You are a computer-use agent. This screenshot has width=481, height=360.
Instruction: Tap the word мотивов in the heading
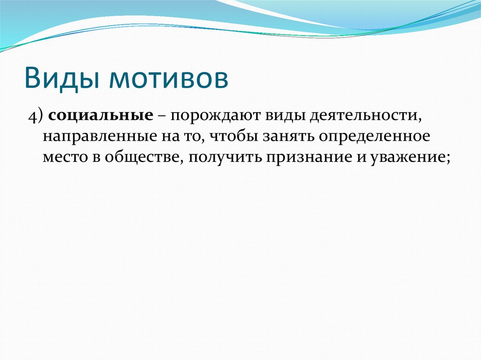[169, 78]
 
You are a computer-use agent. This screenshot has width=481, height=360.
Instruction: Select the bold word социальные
[101, 116]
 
